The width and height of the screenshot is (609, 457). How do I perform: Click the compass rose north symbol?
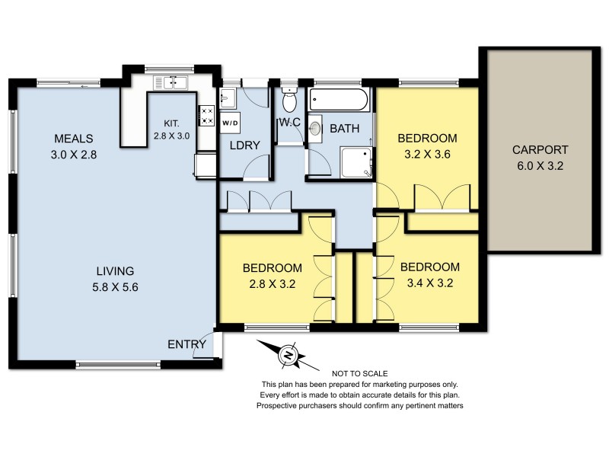[289, 354]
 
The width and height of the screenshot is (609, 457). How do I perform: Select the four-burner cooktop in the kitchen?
[206, 116]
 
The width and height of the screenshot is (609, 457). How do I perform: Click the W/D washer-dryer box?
[230, 122]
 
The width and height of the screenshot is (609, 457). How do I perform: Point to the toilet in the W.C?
[289, 101]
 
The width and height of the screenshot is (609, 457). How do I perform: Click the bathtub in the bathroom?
[340, 101]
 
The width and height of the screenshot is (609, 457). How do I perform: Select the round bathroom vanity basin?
[316, 129]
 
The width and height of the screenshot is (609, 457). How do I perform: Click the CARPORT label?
[540, 149]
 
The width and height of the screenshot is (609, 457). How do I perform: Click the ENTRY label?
[187, 344]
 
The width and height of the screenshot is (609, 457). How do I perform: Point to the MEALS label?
[73, 139]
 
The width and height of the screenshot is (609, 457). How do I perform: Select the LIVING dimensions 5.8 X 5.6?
[116, 287]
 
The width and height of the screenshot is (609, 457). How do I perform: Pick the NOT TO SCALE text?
[360, 373]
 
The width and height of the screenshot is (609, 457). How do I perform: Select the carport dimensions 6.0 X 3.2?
[540, 165]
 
